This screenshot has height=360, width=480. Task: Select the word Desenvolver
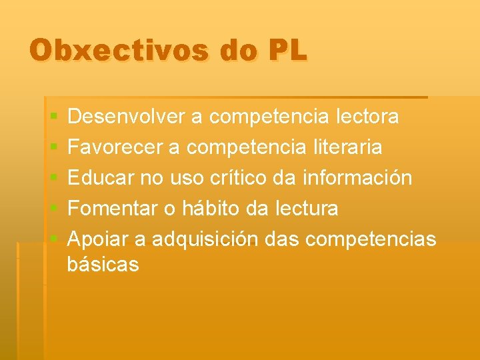[x=127, y=117]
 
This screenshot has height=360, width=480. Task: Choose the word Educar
[x=98, y=178]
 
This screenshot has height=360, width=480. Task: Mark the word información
[x=357, y=178]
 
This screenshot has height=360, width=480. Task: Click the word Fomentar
[x=113, y=209]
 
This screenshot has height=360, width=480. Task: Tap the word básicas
[x=103, y=265]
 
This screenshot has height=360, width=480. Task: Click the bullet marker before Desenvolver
[x=53, y=118]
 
